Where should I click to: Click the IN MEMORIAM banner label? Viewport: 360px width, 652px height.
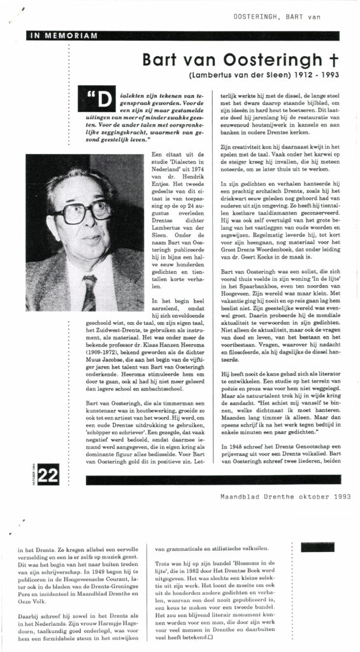pos(52,36)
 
